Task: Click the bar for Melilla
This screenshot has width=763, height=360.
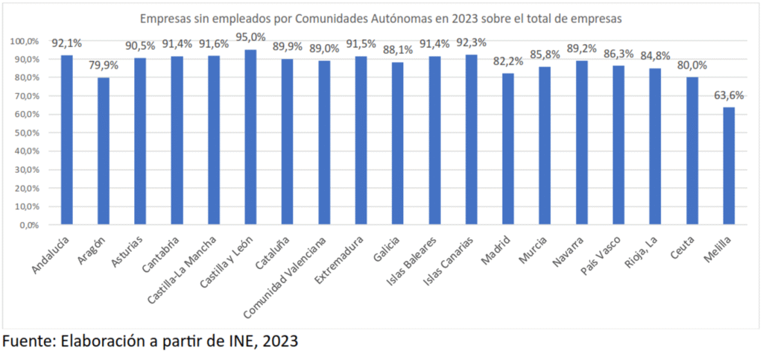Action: pos(729,165)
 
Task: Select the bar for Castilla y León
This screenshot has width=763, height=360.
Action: pos(250,137)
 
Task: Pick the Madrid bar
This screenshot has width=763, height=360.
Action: pos(508,149)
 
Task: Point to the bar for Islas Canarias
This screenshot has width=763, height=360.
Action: pos(471,139)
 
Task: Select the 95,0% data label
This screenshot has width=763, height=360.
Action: pos(250,37)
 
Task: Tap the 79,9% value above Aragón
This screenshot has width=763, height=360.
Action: pos(104,65)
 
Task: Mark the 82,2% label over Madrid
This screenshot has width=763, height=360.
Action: pos(508,60)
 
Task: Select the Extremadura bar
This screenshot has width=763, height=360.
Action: pos(361,140)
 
